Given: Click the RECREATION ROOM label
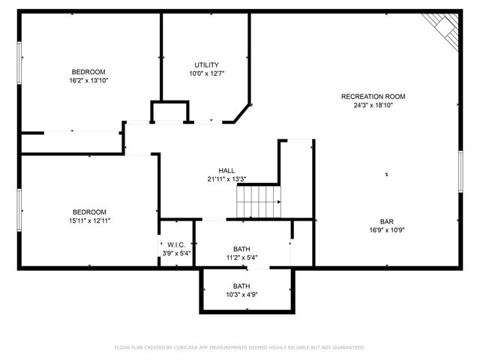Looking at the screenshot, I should pyautogui.click(x=373, y=96).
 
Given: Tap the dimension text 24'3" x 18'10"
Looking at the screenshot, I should pyautogui.click(x=373, y=106).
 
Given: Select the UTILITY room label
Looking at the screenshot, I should pyautogui.click(x=206, y=64).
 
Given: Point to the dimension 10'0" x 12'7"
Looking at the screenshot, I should pyautogui.click(x=206, y=73).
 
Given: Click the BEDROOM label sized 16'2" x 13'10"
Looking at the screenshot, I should pyautogui.click(x=88, y=71).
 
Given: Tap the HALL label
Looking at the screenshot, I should pyautogui.click(x=226, y=170).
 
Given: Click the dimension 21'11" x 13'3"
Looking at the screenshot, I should pyautogui.click(x=226, y=179).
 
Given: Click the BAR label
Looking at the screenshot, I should pyautogui.click(x=386, y=221).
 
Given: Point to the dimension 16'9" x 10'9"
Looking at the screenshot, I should pyautogui.click(x=386, y=230).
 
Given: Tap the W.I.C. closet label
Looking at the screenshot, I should pyautogui.click(x=176, y=244).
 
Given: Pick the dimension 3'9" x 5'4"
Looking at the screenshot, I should pyautogui.click(x=176, y=253).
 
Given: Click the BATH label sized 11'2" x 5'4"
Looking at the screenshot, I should pyautogui.click(x=241, y=249).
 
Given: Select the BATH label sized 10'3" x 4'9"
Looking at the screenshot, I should pyautogui.click(x=241, y=286).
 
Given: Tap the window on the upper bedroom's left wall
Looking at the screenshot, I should pyautogui.click(x=19, y=63).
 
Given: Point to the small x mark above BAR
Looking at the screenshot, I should pyautogui.click(x=386, y=175).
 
